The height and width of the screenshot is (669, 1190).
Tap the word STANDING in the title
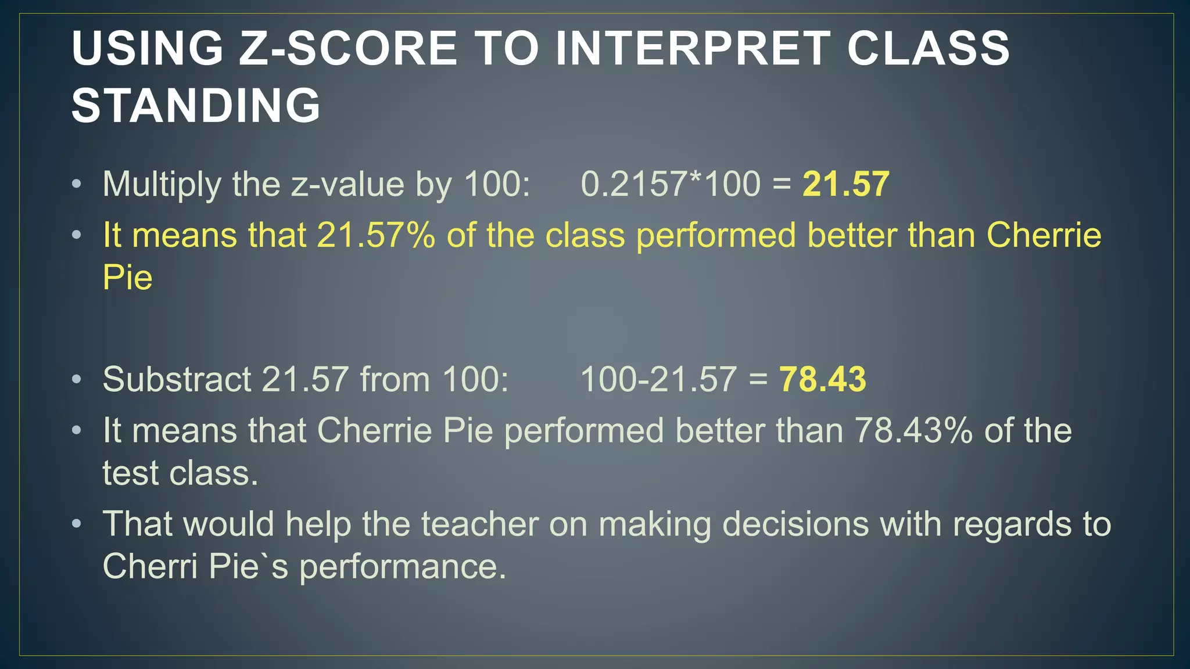pos(196,106)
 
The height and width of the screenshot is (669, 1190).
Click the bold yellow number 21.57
pos(845,184)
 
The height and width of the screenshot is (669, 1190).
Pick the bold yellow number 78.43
pos(822,379)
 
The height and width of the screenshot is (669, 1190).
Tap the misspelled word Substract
pos(177,379)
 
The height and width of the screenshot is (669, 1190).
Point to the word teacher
pos(479,524)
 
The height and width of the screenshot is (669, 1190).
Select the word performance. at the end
pos(403,567)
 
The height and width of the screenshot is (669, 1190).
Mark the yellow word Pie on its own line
pos(127,278)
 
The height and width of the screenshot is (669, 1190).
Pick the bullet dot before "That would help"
pos(77,524)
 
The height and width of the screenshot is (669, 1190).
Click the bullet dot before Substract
pos(77,380)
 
